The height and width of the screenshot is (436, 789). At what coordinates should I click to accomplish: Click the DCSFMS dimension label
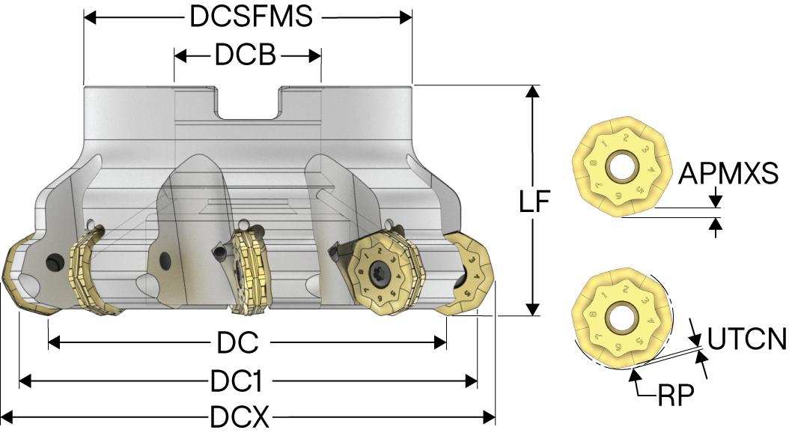pyautogui.click(x=250, y=16)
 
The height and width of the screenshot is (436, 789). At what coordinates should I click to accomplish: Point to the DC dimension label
pyautogui.click(x=238, y=343)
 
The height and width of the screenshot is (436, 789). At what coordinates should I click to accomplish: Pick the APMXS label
pyautogui.click(x=728, y=175)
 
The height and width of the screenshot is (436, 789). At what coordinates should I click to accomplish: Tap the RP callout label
pyautogui.click(x=676, y=394)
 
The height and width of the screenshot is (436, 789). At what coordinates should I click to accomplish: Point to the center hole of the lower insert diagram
pyautogui.click(x=619, y=319)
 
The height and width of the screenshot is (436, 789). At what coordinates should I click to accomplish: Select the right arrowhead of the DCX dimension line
pyautogui.click(x=490, y=417)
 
